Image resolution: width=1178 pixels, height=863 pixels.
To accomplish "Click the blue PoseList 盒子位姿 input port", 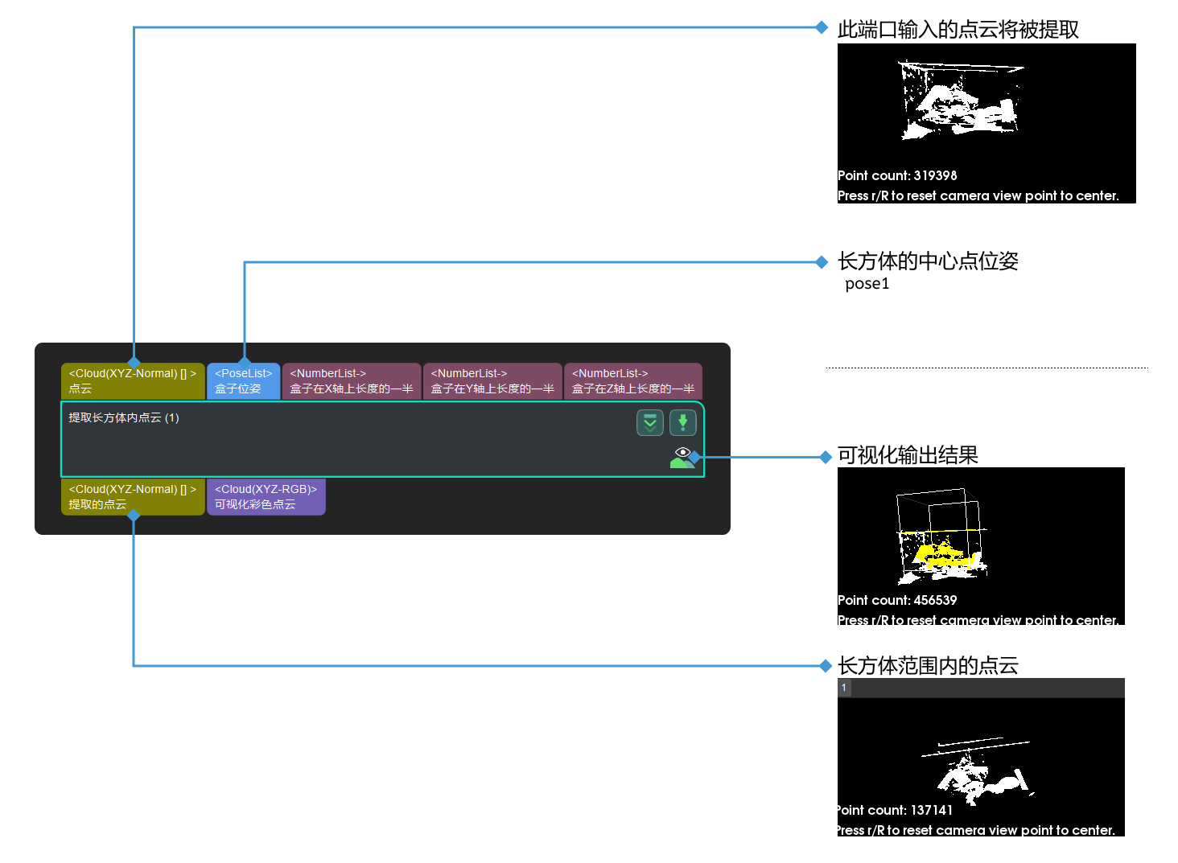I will coord(243,381).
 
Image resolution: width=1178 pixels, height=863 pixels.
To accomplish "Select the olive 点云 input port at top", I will coord(133,381).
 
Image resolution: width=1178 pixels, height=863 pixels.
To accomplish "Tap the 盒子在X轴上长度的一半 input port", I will coord(351,381).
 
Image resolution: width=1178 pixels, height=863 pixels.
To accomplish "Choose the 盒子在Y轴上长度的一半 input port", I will coord(492,381).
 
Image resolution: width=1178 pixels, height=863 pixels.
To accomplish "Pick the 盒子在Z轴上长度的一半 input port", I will coord(633,381).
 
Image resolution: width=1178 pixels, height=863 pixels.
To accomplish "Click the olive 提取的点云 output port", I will coord(133,497).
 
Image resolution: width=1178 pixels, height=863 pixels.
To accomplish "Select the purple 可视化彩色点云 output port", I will coord(266,497).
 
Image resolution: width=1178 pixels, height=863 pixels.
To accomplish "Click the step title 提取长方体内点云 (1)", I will coord(124,418).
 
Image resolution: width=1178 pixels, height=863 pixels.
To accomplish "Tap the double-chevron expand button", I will coord(649,422).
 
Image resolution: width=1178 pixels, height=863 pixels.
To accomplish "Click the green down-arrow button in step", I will coord(682,422).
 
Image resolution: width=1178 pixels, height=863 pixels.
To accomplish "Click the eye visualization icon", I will coord(682,456).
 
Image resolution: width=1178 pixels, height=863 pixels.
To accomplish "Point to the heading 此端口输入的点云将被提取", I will coord(958,30).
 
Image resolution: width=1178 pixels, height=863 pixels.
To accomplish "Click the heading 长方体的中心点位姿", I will coord(928,261).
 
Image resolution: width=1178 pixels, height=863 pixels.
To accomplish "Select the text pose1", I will coord(867,284).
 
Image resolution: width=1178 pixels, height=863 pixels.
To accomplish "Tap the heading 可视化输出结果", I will coord(908,456).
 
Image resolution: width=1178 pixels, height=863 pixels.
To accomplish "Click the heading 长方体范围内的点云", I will coord(928,666).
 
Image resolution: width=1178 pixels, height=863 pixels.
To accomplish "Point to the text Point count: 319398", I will coord(897,175).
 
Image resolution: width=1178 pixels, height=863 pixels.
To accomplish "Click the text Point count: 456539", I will coord(897,600).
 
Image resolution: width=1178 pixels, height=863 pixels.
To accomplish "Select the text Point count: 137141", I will coord(894,810).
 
